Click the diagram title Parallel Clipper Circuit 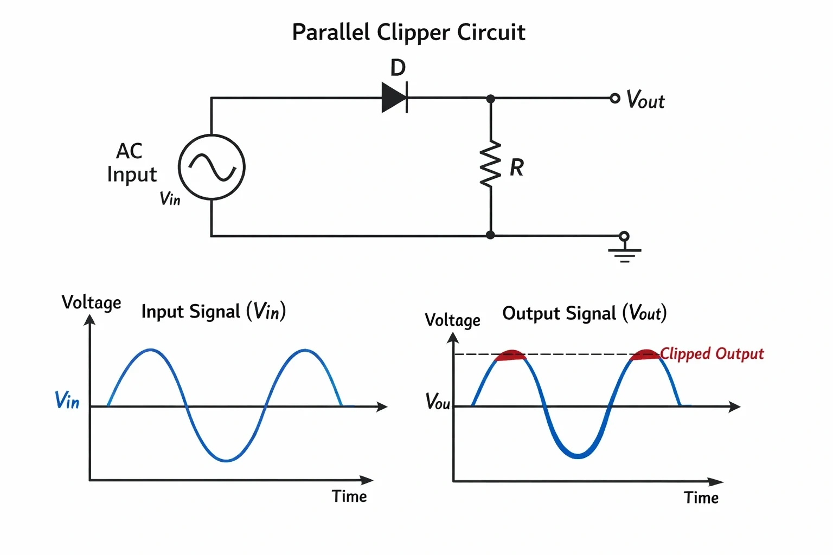[408, 32]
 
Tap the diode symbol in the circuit [395, 98]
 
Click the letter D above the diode [398, 68]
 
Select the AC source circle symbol [212, 167]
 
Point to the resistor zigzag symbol [490, 164]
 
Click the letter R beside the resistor [516, 167]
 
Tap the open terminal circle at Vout [615, 98]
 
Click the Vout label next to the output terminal [645, 100]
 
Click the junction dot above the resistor [490, 99]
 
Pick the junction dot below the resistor [490, 235]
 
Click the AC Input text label [132, 163]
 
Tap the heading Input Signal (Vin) [214, 311]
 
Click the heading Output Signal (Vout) [584, 313]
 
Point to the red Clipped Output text [712, 353]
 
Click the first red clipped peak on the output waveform [510, 355]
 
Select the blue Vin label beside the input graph [67, 400]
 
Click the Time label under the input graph [349, 496]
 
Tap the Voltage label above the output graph [453, 320]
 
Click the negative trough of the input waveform [226, 460]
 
